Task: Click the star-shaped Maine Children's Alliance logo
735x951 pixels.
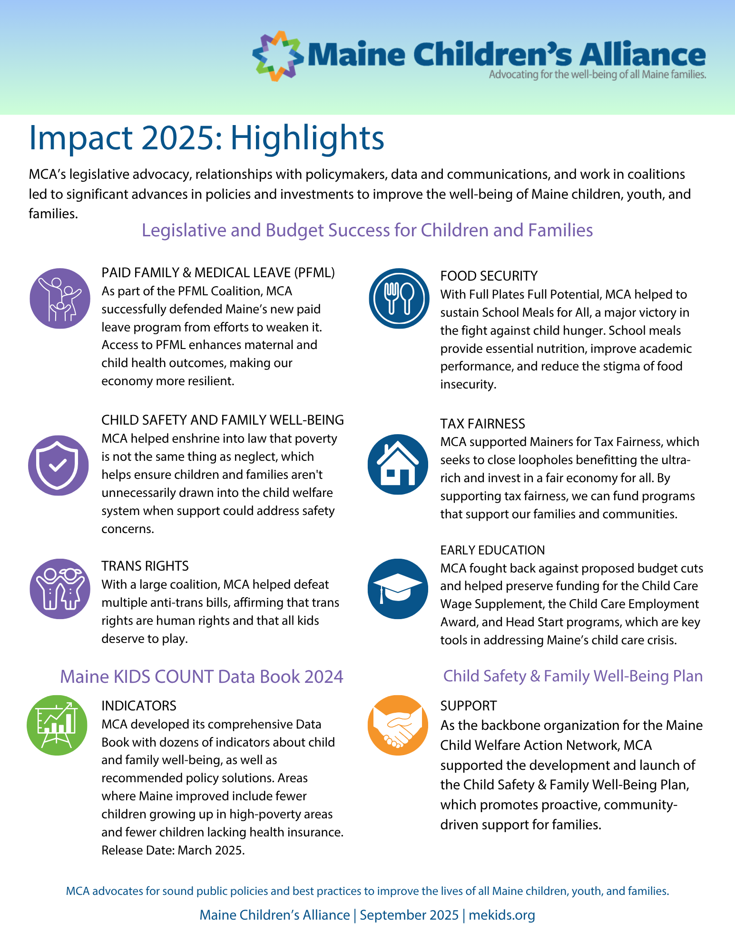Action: click(278, 56)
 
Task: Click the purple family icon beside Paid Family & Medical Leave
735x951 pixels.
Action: click(60, 299)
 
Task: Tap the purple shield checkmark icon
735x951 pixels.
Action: click(58, 466)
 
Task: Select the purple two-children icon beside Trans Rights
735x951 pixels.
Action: click(60, 589)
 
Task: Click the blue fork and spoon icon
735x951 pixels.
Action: click(399, 299)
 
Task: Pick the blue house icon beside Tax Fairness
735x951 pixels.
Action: click(398, 465)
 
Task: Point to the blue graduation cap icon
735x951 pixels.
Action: click(398, 589)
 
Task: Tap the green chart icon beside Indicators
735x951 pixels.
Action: click(57, 725)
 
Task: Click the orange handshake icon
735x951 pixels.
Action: click(398, 725)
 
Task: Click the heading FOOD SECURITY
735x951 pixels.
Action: click(489, 276)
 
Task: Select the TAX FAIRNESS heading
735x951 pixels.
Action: click(482, 424)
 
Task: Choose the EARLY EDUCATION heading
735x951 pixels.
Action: click(492, 550)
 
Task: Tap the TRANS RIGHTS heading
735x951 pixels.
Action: click(145, 566)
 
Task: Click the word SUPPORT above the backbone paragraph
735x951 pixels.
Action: click(468, 706)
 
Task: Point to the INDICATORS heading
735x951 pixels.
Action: click(139, 706)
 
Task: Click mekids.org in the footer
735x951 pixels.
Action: click(502, 915)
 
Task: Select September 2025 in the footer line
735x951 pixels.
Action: click(409, 915)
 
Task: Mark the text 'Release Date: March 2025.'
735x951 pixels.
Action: click(173, 850)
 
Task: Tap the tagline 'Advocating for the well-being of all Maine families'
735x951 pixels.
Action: click(597, 75)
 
